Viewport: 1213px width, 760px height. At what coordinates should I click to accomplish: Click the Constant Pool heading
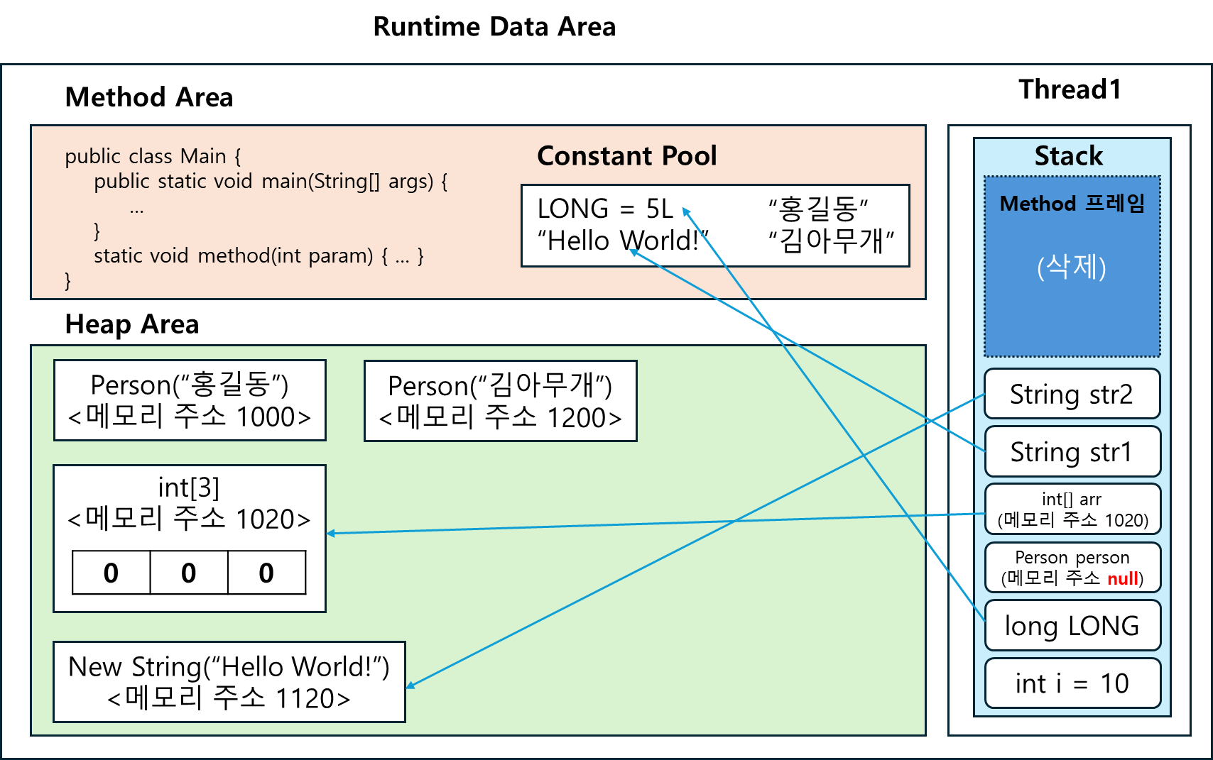626,155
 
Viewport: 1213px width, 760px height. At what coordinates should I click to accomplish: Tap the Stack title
1068,155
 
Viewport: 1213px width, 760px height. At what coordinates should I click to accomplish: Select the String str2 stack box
1072,394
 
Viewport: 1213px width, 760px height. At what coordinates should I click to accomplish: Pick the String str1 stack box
1072,452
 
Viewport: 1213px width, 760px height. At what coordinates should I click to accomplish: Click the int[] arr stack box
1072,510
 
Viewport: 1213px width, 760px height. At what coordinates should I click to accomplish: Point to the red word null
1122,579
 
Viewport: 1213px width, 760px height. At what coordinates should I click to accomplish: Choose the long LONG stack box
1072,626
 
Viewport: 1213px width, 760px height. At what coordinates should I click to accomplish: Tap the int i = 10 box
1072,683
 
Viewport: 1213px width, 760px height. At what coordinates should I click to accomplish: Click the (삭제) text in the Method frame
1072,268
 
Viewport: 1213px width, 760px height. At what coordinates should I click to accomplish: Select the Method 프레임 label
1072,204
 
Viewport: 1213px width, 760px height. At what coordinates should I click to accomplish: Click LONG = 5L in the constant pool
605,209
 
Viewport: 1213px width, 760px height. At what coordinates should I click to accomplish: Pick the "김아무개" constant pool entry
831,241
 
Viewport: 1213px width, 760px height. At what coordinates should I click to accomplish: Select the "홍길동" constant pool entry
818,209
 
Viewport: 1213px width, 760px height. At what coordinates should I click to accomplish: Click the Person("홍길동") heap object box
190,400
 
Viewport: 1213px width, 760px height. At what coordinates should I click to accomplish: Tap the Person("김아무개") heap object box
500,401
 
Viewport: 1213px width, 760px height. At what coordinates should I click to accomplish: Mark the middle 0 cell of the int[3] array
188,573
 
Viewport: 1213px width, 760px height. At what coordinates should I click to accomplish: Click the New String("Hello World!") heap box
229,682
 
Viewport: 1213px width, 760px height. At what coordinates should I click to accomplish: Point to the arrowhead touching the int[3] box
330,533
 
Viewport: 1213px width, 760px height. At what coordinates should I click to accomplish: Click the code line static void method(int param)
259,255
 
